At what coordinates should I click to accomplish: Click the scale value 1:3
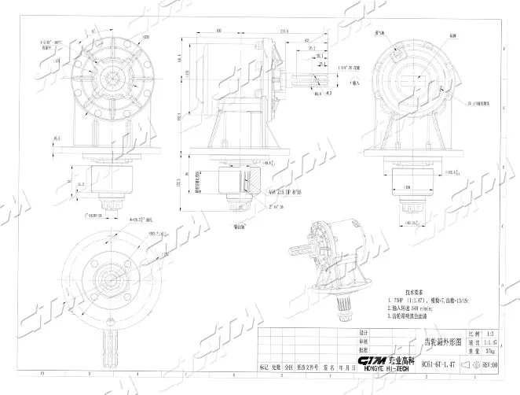pyautogui.click(x=491, y=334)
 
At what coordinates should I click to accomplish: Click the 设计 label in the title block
pyautogui.click(x=363, y=333)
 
